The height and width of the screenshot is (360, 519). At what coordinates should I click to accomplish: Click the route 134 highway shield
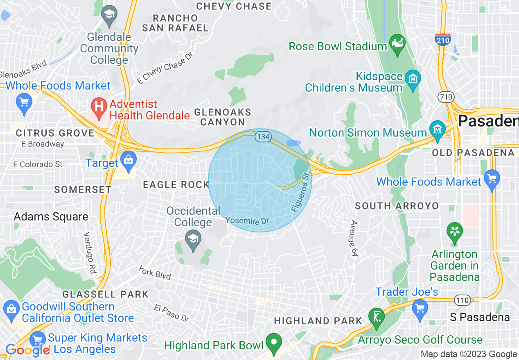pos(262,137)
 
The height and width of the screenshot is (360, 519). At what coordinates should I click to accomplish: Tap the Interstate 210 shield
pos(443,39)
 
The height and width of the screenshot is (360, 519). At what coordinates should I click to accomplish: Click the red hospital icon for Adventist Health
pos(98,107)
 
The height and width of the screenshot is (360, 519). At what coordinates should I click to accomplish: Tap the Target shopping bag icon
pos(129,161)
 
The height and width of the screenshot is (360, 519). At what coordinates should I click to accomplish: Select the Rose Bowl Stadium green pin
pos(397,44)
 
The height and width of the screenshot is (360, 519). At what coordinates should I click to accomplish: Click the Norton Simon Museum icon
pos(437,130)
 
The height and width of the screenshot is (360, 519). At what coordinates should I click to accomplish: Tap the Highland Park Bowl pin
pos(274,343)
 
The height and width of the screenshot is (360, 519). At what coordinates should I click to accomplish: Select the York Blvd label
pos(154,272)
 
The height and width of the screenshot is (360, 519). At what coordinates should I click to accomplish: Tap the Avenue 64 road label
pos(353,239)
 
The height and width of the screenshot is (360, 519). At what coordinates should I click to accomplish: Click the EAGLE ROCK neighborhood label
pos(176,185)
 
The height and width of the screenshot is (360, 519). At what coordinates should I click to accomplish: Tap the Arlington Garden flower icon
pos(454,232)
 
